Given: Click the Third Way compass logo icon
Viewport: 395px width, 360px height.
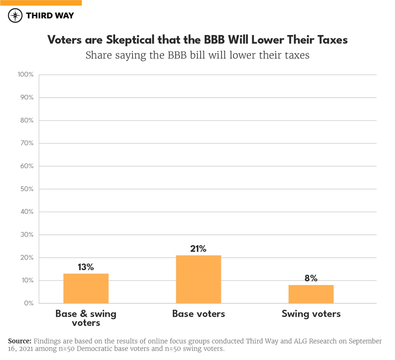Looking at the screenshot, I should (x=15, y=16).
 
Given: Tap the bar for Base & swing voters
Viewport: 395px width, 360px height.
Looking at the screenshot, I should (x=86, y=288).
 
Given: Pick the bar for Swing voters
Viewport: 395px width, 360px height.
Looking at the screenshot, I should (x=311, y=294).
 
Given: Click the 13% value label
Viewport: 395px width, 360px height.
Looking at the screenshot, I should (x=86, y=267).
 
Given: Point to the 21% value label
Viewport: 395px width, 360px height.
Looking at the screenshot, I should (x=198, y=248).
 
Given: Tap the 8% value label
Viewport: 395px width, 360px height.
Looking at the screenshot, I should (x=311, y=278).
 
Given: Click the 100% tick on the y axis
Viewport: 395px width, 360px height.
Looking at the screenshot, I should (x=26, y=75).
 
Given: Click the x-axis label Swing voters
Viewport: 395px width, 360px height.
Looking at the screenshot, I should (x=311, y=314).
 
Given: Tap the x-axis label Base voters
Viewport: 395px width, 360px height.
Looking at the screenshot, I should (x=198, y=314).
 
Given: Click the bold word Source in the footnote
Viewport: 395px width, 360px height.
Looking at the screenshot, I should (x=20, y=341).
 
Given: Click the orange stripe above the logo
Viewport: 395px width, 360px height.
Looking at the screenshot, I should (x=41, y=2).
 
